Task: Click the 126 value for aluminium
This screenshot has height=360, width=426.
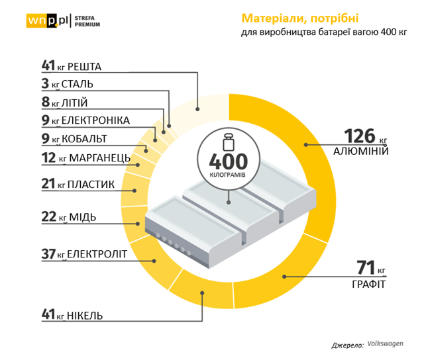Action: point(359,136)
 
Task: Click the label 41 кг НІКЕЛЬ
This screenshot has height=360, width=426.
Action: point(72,315)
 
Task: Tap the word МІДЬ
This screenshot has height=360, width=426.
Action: point(85,217)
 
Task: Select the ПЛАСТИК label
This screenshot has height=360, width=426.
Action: point(92,184)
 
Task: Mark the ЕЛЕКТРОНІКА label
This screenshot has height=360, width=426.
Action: point(100,120)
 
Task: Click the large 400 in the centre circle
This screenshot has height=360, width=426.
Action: point(228,161)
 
